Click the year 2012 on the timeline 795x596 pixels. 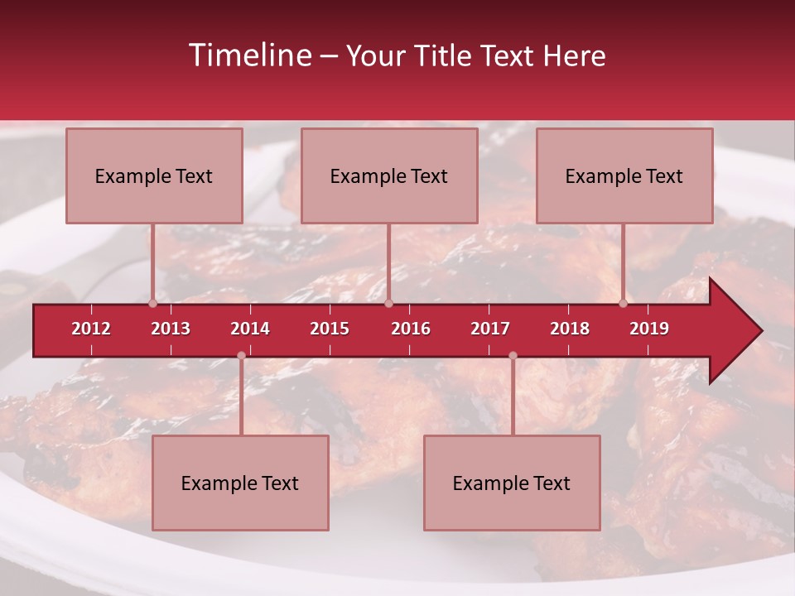tap(91, 329)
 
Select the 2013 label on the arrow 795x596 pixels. tap(171, 329)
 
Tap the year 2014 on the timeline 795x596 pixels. tap(250, 329)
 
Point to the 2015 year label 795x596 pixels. tap(330, 329)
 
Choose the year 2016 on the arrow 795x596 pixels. tap(411, 329)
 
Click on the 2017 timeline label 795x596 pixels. tap(490, 329)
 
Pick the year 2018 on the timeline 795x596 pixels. tap(570, 329)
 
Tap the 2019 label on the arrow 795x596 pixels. tap(649, 329)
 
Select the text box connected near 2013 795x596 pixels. tap(154, 175)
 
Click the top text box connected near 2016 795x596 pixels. tap(389, 175)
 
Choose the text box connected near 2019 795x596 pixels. tap(624, 175)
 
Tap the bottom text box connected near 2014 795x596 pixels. tap(240, 483)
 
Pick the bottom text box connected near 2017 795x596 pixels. tap(512, 483)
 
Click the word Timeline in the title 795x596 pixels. tap(248, 55)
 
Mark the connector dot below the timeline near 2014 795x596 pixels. tap(241, 355)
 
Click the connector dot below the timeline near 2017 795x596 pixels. tap(513, 355)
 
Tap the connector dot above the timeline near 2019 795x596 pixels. tap(624, 303)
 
